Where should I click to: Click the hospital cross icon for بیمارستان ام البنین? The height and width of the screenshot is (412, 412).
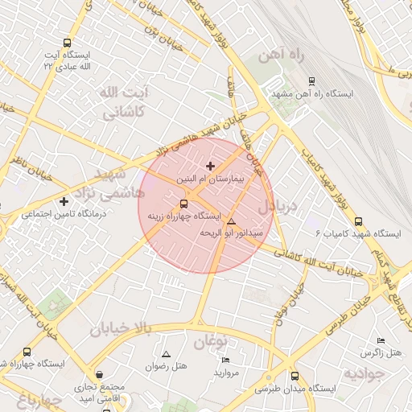click(211, 166)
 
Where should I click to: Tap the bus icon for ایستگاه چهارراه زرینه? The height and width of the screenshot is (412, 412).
click(183, 204)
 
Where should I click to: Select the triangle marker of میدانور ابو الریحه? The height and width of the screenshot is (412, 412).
click(232, 221)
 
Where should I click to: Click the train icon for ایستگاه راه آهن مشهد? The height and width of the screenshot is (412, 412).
click(312, 81)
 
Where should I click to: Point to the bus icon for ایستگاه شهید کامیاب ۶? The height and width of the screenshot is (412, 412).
click(358, 221)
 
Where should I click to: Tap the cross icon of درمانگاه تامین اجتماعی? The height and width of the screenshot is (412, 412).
click(64, 200)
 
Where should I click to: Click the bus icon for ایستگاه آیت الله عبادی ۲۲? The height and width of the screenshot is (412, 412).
click(67, 43)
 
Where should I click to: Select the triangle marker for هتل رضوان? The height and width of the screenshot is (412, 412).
click(167, 354)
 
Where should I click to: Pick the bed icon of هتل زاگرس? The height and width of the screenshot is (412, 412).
click(381, 341)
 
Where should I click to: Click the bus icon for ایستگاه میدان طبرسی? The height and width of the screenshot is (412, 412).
click(295, 376)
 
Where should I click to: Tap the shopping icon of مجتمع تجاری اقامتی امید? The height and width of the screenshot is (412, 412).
click(99, 374)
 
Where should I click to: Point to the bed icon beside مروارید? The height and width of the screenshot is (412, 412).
click(226, 360)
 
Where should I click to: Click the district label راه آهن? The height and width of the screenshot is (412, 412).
click(279, 56)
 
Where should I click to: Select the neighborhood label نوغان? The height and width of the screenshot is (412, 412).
click(212, 341)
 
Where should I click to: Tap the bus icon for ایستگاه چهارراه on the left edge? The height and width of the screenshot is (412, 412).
click(27, 352)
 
